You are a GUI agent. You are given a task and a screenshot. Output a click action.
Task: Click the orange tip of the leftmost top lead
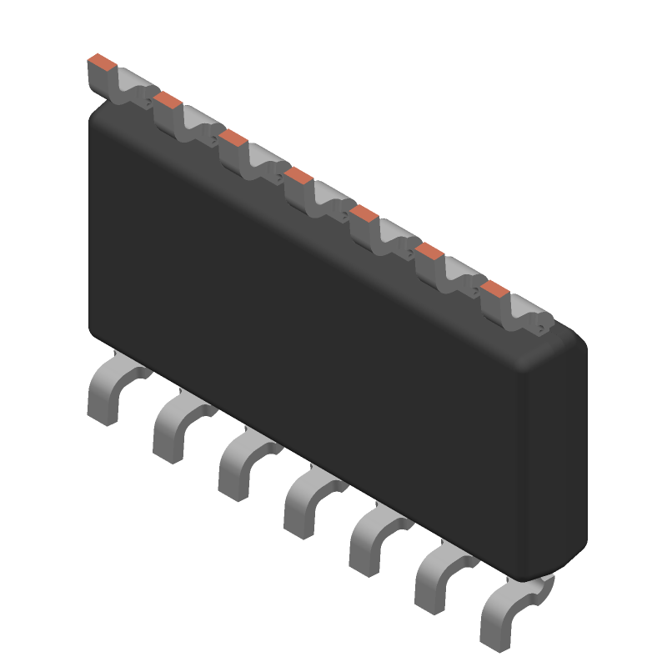click(x=101, y=62)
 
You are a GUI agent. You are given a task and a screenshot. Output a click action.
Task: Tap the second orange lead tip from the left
click(x=167, y=99)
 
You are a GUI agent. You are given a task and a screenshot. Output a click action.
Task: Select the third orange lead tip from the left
click(x=233, y=137)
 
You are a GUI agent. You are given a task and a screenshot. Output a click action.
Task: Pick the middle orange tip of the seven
click(x=298, y=174)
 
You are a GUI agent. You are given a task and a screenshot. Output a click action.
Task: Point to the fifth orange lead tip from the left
click(x=364, y=213)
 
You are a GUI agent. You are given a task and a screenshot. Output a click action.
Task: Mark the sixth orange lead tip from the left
click(x=429, y=250)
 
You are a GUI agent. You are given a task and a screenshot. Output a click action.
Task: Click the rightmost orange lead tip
click(x=494, y=288)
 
